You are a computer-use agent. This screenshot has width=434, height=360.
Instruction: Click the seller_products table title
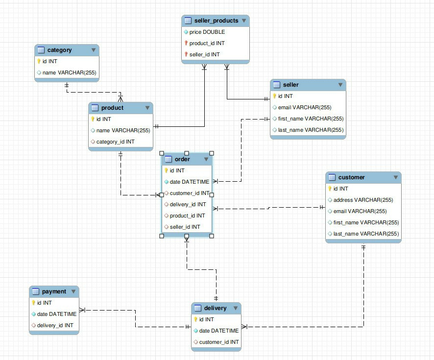tap(216, 21)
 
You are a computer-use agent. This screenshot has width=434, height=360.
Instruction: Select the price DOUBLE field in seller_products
tap(207, 32)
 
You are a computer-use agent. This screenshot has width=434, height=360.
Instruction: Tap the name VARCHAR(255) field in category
tap(69, 72)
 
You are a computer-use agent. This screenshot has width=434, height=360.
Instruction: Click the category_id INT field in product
tap(115, 142)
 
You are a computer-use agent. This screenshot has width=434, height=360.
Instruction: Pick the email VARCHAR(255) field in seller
tap(305, 107)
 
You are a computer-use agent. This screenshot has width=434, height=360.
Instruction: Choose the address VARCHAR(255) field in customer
tap(363, 200)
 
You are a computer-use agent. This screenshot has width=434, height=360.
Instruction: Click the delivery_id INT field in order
tap(188, 204)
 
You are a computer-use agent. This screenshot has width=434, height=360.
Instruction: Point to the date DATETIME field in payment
tap(56, 314)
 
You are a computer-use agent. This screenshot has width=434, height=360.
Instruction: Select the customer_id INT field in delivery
tap(218, 342)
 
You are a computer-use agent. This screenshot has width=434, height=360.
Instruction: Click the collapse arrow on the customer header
tap(395, 177)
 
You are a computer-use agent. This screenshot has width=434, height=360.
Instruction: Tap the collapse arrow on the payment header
tap(73, 291)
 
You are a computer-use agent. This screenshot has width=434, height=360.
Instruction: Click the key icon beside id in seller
tap(275, 96)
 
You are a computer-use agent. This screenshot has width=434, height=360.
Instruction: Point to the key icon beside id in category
tap(39, 61)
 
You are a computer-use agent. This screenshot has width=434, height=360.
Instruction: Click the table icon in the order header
tap(168, 159)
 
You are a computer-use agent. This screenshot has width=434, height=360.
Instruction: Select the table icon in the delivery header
tap(197, 308)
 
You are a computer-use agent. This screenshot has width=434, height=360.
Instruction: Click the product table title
tap(112, 108)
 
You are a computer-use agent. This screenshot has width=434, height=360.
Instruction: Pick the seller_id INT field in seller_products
tap(204, 54)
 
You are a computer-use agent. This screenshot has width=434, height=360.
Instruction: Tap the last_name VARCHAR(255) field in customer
tap(366, 234)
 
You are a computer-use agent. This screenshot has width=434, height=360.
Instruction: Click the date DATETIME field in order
tap(189, 182)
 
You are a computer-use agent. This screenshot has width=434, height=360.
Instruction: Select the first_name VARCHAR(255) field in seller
tap(310, 119)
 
